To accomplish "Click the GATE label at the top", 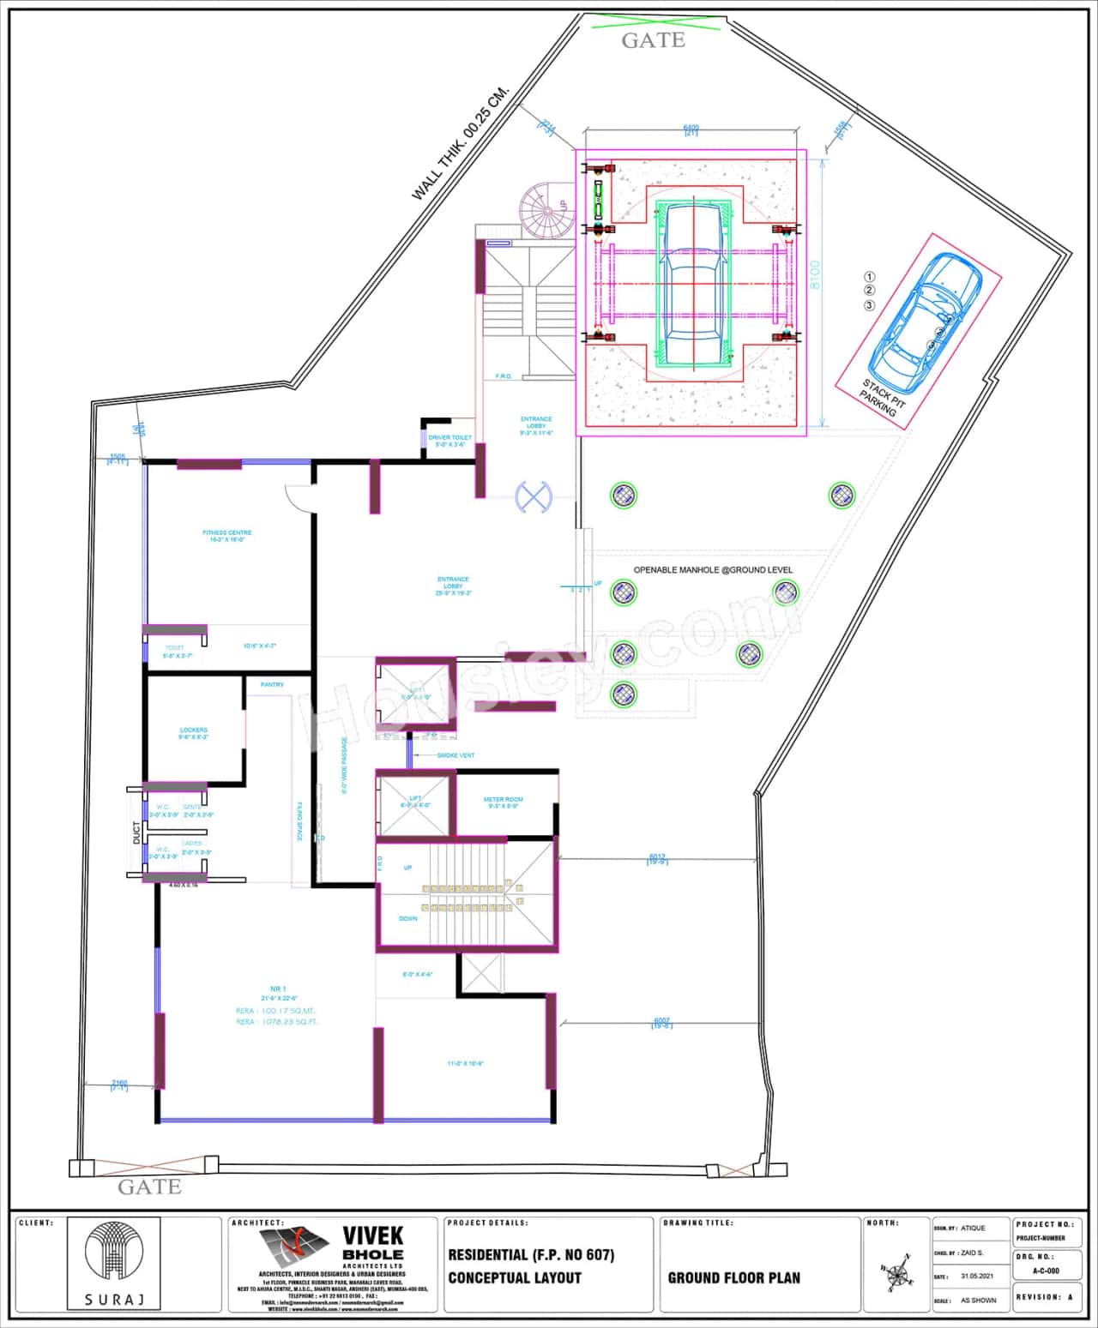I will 653,40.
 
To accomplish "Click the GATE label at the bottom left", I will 149,1187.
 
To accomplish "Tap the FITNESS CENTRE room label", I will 227,533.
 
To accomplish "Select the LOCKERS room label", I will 194,730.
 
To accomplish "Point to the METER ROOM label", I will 504,799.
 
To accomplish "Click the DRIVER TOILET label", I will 450,438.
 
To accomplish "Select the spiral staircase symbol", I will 544,208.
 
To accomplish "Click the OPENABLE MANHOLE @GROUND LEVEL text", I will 713,570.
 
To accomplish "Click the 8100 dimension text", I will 814,274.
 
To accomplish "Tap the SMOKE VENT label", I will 455,755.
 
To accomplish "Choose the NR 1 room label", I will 279,988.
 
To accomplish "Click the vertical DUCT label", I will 136,832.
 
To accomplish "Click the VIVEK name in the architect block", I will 373,1235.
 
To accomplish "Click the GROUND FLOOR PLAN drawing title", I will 733,1277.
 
